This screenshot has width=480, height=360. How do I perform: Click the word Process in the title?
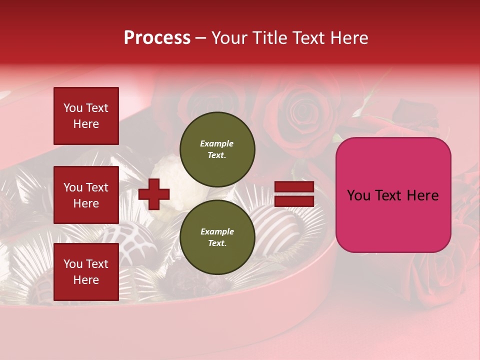coord(157,38)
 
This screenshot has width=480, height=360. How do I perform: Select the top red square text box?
coord(86,116)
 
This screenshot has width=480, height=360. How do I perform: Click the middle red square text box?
coord(86,195)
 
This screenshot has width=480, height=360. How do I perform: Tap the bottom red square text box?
coord(86,272)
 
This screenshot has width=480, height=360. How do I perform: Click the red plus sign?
coord(154,194)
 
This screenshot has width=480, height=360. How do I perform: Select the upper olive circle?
coord(217,149)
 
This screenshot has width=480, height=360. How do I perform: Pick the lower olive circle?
coord(217,237)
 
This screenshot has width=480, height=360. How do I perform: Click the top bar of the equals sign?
coord(294,186)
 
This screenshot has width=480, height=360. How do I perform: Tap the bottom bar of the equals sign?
coord(294,201)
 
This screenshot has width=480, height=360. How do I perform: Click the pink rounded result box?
coord(393,194)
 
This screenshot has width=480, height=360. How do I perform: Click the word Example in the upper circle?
coord(216,143)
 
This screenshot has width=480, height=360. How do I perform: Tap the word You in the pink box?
coord(358,195)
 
